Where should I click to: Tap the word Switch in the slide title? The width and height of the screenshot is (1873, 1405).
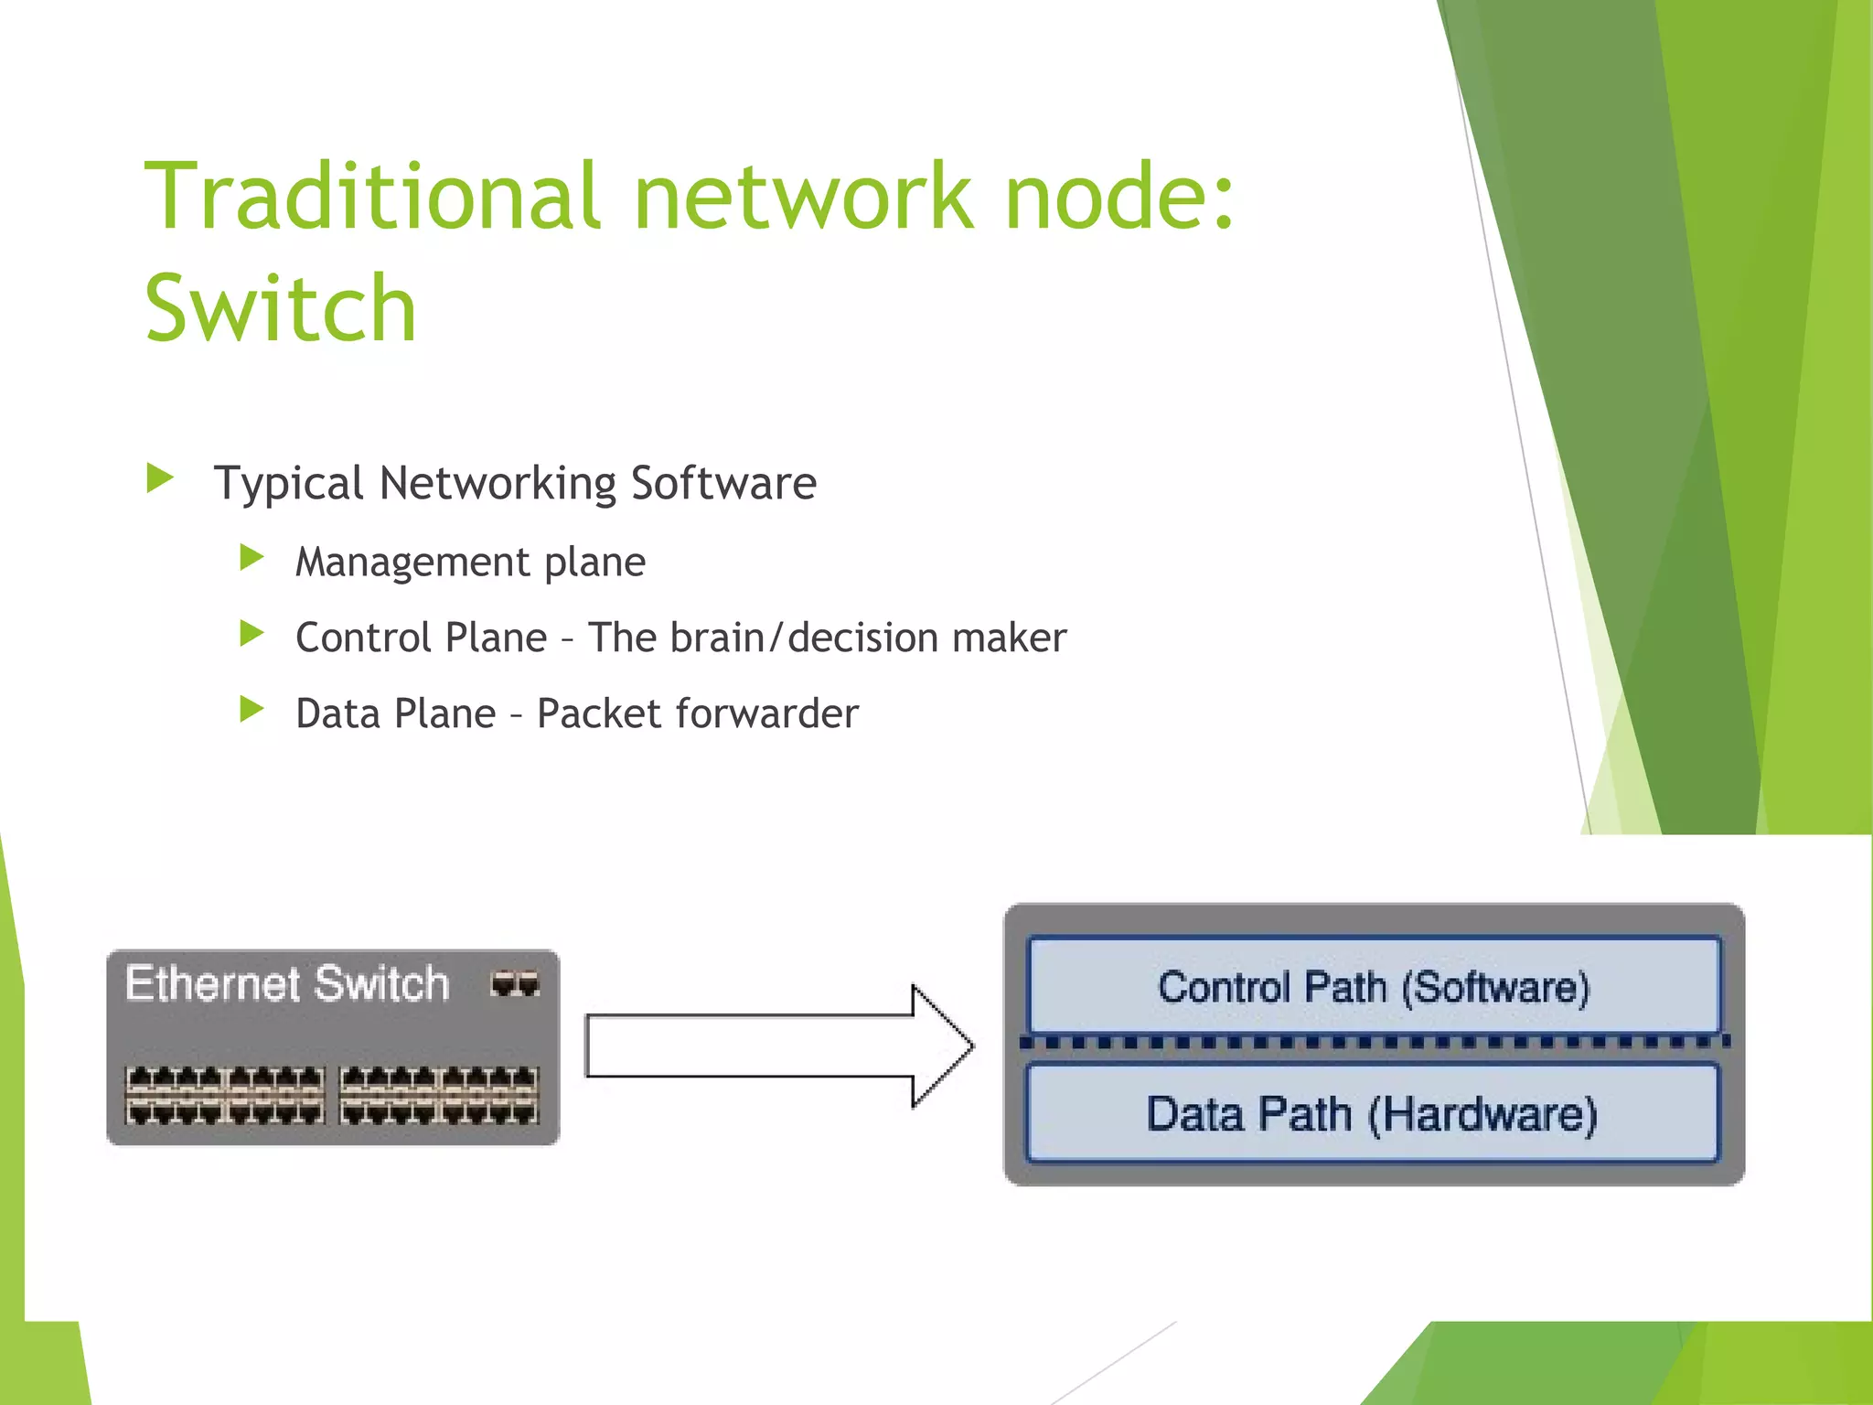pos(281,309)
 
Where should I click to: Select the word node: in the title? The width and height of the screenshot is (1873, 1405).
pos(1119,196)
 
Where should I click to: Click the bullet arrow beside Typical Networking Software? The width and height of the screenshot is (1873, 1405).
pos(160,477)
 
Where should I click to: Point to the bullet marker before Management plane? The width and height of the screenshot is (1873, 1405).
pos(252,557)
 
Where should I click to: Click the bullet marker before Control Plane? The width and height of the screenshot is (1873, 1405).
pos(252,633)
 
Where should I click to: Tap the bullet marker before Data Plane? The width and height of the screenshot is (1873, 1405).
pos(252,709)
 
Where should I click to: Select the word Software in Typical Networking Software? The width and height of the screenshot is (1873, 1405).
pos(723,483)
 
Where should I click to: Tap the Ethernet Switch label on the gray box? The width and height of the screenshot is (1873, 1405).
pos(287,984)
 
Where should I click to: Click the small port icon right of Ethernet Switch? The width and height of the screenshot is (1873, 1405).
pos(515,984)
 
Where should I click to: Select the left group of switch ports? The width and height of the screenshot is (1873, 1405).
pos(225,1095)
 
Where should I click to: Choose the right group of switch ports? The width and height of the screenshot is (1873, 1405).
pos(439,1095)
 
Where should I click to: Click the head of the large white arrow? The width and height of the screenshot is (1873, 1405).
pos(942,1046)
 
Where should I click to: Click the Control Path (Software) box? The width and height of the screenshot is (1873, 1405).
pos(1374,986)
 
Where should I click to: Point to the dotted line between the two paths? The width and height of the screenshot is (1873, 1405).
pos(1374,1042)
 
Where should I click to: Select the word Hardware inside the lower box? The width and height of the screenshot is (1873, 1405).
pos(1483,1115)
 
